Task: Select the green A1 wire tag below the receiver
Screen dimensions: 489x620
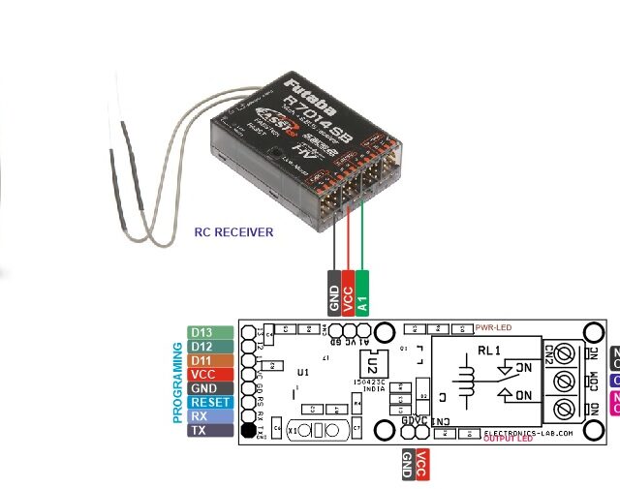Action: coord(362,291)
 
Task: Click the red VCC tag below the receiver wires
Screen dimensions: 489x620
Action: coord(348,291)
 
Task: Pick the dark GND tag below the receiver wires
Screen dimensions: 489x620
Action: coord(333,291)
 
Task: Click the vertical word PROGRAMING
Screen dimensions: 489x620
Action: coord(178,382)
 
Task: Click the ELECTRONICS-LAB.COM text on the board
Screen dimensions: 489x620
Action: coord(531,432)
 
